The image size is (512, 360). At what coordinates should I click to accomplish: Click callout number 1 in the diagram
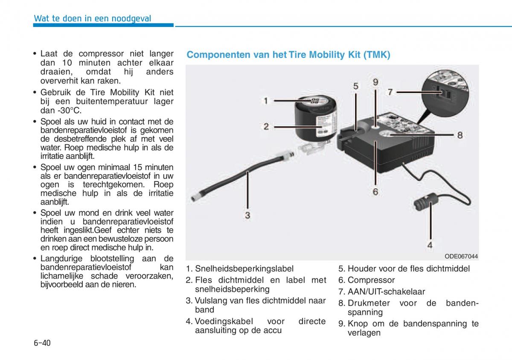click(265, 101)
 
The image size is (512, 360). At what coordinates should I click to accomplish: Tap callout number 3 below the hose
click(247, 215)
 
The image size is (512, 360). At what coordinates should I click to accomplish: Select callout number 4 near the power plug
click(430, 245)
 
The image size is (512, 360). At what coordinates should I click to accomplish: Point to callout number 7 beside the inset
click(390, 91)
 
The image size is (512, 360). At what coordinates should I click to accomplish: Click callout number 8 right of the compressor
click(460, 135)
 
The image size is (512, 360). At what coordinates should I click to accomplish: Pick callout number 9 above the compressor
click(375, 82)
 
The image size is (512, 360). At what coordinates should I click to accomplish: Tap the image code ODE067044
click(461, 256)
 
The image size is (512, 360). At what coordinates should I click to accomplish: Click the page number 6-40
click(42, 343)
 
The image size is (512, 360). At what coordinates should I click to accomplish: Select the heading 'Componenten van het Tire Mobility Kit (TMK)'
click(288, 55)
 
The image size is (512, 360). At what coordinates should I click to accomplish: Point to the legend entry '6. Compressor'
click(367, 280)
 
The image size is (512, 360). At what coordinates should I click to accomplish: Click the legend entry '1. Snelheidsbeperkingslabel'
click(239, 269)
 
